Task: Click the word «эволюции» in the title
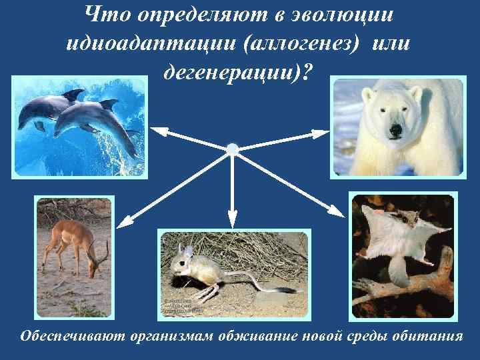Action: pyautogui.click(x=333, y=15)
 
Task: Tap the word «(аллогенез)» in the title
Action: pyautogui.click(x=306, y=45)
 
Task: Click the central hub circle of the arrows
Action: pyautogui.click(x=231, y=149)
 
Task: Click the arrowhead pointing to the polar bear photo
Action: pyautogui.click(x=327, y=134)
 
